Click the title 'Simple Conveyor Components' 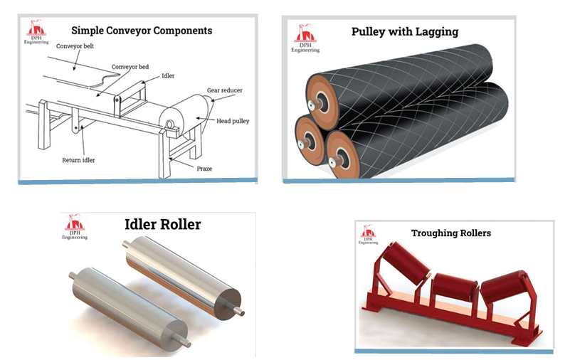click(142, 31)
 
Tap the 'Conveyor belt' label click(75, 46)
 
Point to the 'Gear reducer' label click(221, 91)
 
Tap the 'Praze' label click(205, 169)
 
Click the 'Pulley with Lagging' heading click(404, 31)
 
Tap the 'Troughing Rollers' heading click(451, 233)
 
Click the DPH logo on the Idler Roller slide click(75, 227)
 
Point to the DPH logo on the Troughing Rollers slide click(369, 234)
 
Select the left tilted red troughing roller click(406, 268)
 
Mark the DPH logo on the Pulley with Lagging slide click(306, 38)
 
